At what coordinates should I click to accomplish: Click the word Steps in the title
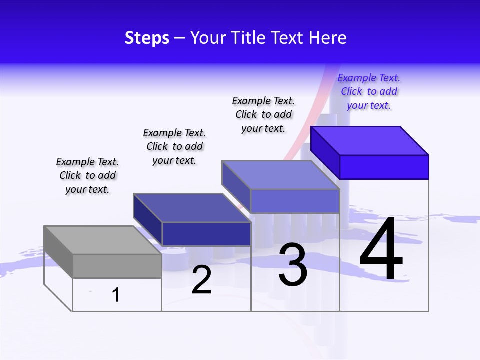click(147, 38)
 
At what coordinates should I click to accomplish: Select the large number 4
click(381, 250)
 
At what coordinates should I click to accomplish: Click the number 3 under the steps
click(293, 265)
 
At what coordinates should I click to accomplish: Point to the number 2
click(201, 280)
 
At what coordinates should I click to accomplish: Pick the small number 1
click(116, 295)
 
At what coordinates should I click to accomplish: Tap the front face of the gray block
click(117, 266)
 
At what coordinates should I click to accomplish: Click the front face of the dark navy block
click(206, 234)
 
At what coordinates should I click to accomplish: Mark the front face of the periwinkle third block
click(295, 201)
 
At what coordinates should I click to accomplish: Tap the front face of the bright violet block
click(384, 167)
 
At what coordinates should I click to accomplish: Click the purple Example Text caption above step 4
click(369, 92)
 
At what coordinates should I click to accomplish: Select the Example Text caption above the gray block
click(87, 176)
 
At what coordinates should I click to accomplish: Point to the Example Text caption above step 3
click(263, 115)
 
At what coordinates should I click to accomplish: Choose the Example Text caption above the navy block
click(174, 147)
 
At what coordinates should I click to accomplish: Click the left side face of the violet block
click(325, 153)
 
